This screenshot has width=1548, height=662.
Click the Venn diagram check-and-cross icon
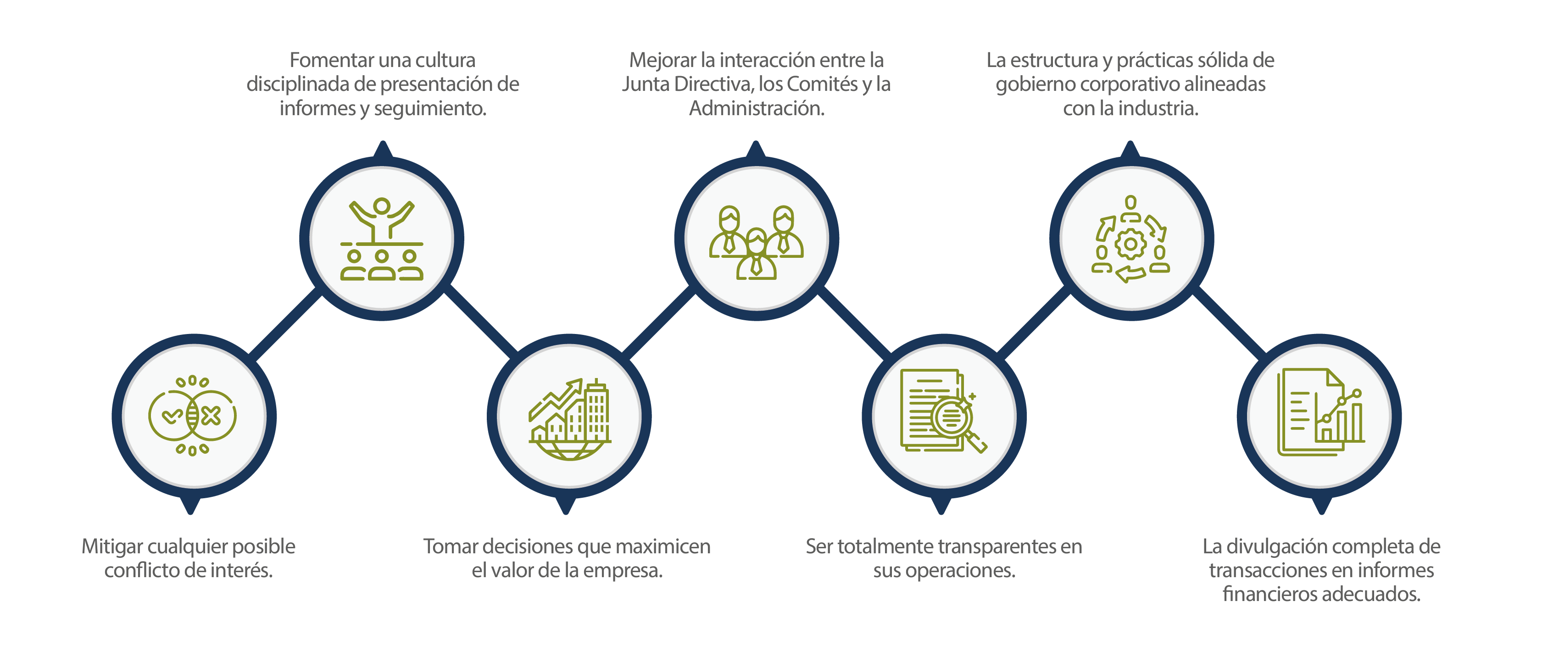coord(192,416)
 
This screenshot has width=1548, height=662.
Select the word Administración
coord(756,109)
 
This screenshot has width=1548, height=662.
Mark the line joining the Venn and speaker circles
coord(286,324)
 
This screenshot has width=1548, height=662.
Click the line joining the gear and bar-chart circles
coord(1229,322)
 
